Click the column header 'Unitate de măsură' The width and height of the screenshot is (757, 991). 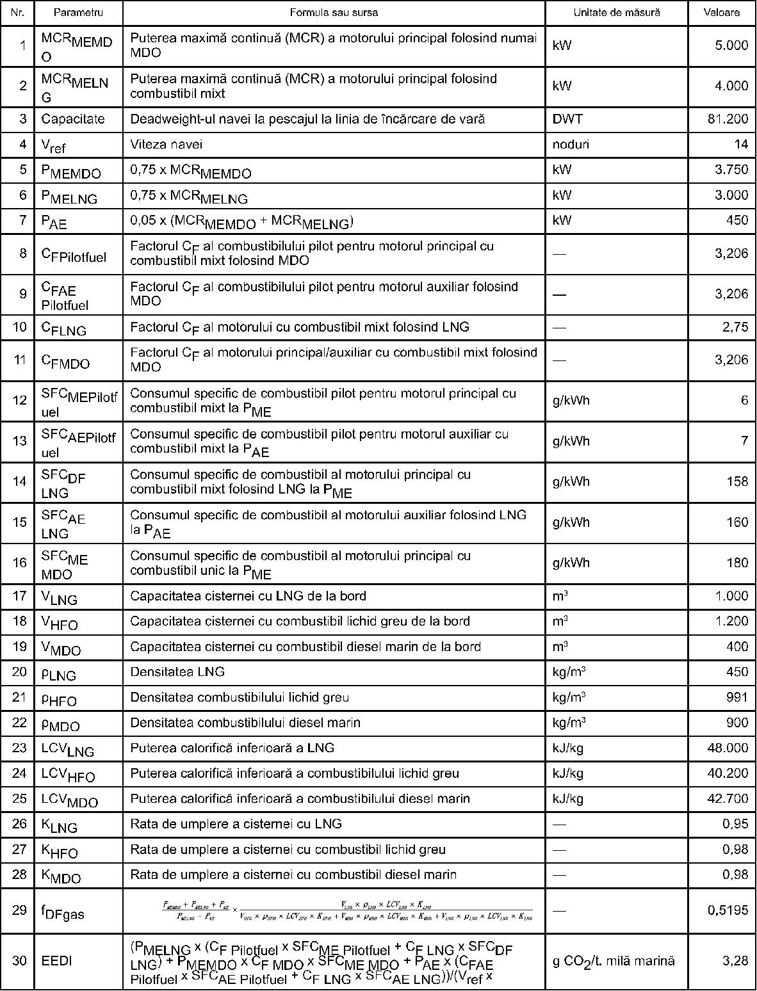(x=616, y=12)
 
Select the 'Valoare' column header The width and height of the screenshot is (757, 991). (x=721, y=12)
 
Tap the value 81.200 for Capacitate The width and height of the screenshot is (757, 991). (x=728, y=119)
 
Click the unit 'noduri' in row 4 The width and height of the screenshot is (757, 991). (x=571, y=145)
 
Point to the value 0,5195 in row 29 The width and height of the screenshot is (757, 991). (x=728, y=910)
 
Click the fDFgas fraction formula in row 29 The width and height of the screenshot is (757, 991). (x=346, y=911)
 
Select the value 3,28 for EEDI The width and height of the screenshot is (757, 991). (x=736, y=961)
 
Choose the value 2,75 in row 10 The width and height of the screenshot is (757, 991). (x=735, y=327)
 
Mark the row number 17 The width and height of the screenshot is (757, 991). (x=20, y=596)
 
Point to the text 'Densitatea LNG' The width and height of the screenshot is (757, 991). (x=177, y=672)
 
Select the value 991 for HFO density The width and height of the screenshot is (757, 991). (x=737, y=697)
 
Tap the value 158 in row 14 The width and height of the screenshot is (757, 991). (x=737, y=481)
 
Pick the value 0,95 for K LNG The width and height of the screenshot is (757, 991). (x=735, y=824)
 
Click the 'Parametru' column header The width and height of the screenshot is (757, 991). (x=78, y=12)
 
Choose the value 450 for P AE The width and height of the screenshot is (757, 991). (x=737, y=220)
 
